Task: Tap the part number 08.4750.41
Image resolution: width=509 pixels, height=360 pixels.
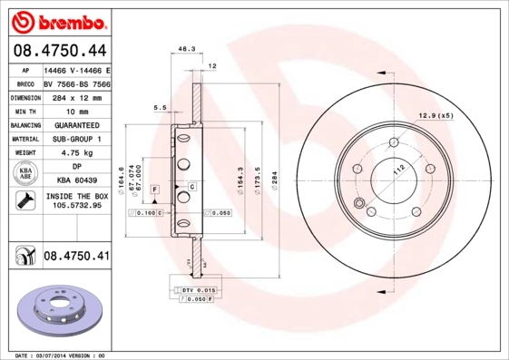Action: [x=76, y=257]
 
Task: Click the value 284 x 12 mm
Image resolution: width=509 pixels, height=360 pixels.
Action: [x=76, y=96]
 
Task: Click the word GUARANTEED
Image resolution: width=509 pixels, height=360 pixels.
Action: [x=76, y=124]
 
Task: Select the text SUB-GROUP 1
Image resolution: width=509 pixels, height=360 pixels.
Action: [x=76, y=139]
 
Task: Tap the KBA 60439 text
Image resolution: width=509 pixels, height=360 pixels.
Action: [x=76, y=180]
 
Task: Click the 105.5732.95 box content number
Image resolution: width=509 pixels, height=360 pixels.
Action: [x=76, y=205]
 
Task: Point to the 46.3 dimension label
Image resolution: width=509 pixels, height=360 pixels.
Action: [x=187, y=49]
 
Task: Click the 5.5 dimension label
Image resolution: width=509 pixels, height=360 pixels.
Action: [x=160, y=108]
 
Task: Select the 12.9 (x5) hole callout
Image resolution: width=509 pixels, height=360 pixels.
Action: [x=435, y=114]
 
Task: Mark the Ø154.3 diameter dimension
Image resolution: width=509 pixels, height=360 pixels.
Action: [x=240, y=178]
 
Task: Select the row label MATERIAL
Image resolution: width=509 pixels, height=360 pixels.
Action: [x=24, y=139]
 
